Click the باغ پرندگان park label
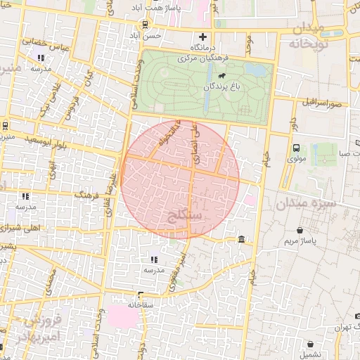point(227,87)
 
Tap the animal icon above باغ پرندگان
point(221,75)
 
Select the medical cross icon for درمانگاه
point(203,37)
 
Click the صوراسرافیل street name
point(324,103)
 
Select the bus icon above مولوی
point(296,148)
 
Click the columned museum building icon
point(242,240)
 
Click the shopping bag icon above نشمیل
point(311,345)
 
